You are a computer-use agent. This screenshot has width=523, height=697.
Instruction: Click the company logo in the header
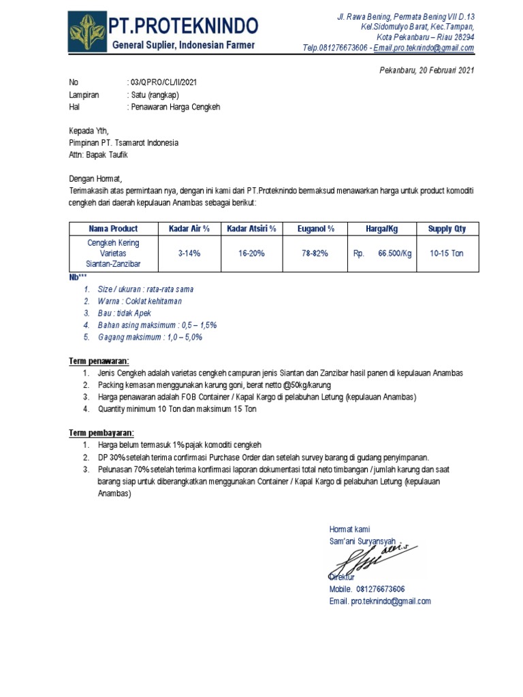tap(86, 32)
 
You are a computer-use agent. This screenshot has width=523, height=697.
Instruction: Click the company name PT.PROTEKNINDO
tap(184, 26)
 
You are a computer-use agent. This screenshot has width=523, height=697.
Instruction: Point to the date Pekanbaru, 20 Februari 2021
tap(426, 70)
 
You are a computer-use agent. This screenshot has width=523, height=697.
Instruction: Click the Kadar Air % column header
tap(190, 229)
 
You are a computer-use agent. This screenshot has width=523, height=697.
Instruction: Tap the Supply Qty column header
tap(447, 229)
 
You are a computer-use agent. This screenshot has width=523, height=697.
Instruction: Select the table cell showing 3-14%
tap(190, 253)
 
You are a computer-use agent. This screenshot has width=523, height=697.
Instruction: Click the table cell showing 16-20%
tap(251, 253)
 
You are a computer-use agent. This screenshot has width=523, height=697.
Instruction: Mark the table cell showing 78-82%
tap(315, 253)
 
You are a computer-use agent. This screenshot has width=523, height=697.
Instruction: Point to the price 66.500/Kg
tap(395, 253)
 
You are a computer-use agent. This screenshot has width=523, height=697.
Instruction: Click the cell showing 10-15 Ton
tap(447, 253)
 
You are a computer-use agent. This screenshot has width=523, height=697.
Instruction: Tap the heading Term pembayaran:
tap(101, 433)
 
